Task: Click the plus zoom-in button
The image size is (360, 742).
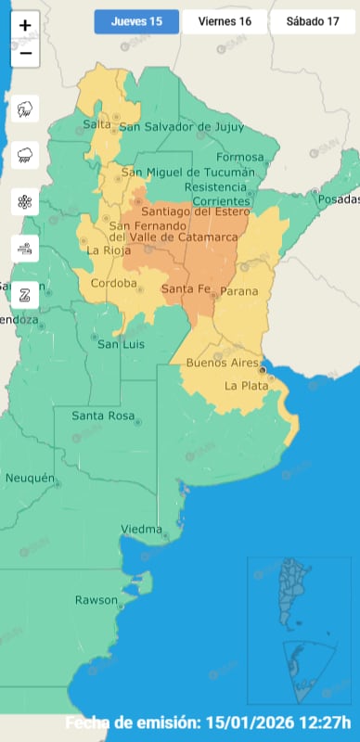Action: point(25,26)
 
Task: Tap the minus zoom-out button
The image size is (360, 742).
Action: point(25,53)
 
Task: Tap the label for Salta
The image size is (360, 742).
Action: point(96,124)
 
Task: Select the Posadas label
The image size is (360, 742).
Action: point(338,200)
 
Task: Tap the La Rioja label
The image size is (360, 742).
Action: point(106,250)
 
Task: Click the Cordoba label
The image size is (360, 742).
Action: point(113,283)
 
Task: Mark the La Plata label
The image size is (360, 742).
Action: point(246,385)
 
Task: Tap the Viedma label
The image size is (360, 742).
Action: point(141,530)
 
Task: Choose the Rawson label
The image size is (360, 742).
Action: point(96,600)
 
